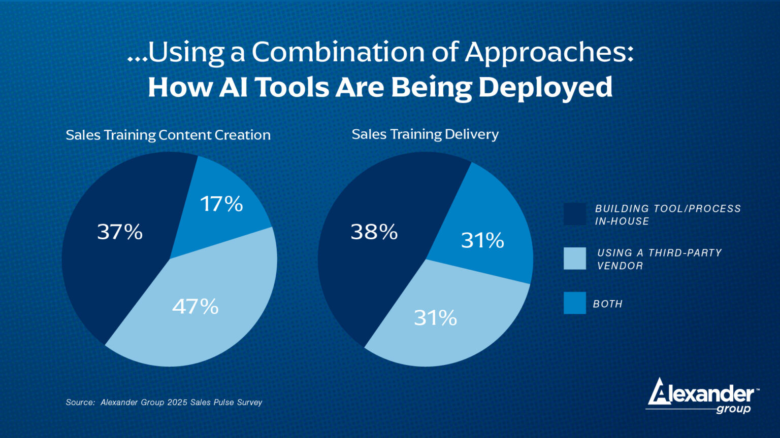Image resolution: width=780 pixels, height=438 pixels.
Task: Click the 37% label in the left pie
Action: click(x=120, y=232)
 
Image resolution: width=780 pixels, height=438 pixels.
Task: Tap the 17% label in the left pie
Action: click(x=221, y=204)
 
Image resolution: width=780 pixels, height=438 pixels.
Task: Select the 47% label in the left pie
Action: click(x=196, y=306)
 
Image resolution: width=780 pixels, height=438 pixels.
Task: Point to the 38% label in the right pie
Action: click(x=374, y=232)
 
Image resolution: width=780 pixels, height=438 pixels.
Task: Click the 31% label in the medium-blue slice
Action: click(x=482, y=240)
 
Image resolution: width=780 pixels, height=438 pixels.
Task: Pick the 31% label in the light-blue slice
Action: click(x=435, y=318)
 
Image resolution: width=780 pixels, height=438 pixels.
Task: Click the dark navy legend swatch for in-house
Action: click(x=574, y=214)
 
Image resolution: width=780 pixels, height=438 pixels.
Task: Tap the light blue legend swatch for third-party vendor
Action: click(x=574, y=259)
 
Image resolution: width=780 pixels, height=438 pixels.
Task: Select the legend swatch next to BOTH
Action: click(x=574, y=303)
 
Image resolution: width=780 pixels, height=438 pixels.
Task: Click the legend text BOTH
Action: click(x=608, y=304)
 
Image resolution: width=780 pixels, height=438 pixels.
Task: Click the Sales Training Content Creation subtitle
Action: click(x=168, y=135)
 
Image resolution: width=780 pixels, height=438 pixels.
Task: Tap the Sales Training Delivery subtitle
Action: click(x=425, y=134)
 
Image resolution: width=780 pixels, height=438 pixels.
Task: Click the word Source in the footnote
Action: click(x=80, y=402)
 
